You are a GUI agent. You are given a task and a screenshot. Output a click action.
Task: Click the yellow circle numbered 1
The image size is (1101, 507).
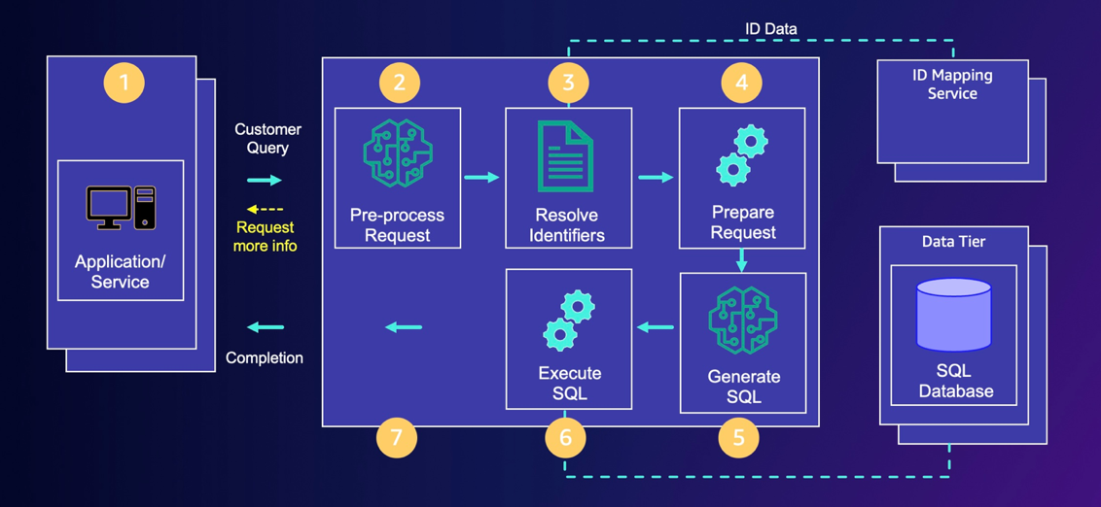pos(124,83)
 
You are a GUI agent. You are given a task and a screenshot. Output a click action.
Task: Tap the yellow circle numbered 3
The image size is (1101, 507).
pos(568,83)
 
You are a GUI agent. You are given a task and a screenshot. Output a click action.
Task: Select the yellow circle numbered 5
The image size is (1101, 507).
pos(738,438)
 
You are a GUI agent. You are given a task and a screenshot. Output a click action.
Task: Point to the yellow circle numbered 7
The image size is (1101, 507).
pos(396,438)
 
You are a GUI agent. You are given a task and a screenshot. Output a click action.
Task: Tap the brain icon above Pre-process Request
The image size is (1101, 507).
pos(397,154)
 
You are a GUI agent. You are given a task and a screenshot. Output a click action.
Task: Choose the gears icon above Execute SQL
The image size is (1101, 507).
pos(568,321)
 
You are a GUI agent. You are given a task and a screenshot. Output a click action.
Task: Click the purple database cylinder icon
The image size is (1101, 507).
pos(953,316)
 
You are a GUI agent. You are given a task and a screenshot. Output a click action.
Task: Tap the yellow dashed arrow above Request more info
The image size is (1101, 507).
pos(265,209)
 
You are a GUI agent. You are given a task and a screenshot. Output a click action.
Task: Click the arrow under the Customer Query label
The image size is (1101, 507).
pos(265,180)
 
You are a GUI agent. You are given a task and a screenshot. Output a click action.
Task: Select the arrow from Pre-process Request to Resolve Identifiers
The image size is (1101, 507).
pos(481,177)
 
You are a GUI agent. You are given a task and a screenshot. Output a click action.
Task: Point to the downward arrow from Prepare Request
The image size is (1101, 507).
pos(742,260)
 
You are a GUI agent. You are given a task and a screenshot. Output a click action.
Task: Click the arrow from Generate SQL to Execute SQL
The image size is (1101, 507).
pos(656,327)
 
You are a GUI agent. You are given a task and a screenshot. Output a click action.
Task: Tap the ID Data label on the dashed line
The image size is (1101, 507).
pos(770,29)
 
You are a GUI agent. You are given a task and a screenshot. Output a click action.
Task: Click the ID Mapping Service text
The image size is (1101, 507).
pos(952,84)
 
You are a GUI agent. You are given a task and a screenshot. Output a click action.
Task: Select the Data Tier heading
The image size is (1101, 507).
pos(953,242)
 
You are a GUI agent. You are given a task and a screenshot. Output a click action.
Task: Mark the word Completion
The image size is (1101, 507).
pos(265,357)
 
